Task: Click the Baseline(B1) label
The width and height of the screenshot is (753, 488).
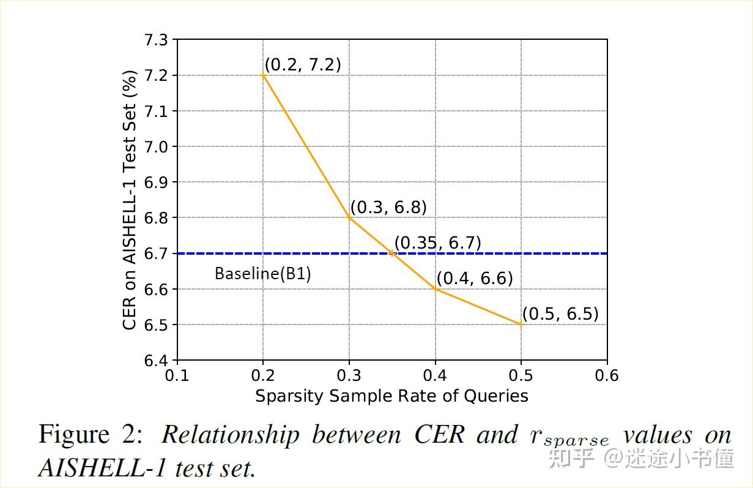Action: pos(262,274)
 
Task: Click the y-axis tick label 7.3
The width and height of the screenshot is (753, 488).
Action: pos(155,40)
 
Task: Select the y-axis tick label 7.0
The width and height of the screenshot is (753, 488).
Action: pos(155,147)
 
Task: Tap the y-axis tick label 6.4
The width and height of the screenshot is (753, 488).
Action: pos(155,361)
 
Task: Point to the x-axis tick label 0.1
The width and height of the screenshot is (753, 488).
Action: pos(177,375)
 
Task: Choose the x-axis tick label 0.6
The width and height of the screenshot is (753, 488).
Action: pos(606,375)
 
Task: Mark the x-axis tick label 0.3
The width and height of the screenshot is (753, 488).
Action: pos(349,375)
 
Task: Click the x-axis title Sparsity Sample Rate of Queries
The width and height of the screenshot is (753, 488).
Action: pos(391,396)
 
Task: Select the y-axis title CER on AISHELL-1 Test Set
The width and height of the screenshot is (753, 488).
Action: pos(130,200)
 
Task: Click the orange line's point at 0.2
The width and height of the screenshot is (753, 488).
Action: pos(263,75)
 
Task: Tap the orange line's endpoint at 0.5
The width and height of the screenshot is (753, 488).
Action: pos(521,325)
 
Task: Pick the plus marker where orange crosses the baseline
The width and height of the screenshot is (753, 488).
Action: pos(392,253)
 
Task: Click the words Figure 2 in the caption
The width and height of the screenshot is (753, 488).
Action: pos(91,435)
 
